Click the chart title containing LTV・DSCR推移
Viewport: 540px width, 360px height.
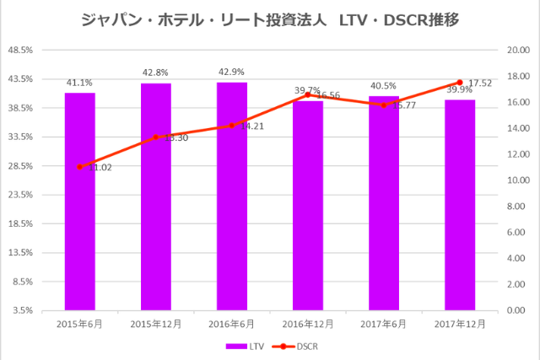270,19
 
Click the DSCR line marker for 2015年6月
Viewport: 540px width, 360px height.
80,167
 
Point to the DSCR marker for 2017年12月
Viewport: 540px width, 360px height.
460,83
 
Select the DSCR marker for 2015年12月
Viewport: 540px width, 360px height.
156,137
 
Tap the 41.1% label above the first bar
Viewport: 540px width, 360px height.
80,83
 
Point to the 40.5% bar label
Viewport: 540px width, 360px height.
384,86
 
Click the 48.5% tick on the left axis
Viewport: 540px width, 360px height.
19,50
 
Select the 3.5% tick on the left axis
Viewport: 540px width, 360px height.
22,310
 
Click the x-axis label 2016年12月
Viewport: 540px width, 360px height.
308,324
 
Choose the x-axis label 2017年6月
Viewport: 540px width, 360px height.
384,324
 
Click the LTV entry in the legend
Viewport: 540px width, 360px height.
246,346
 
